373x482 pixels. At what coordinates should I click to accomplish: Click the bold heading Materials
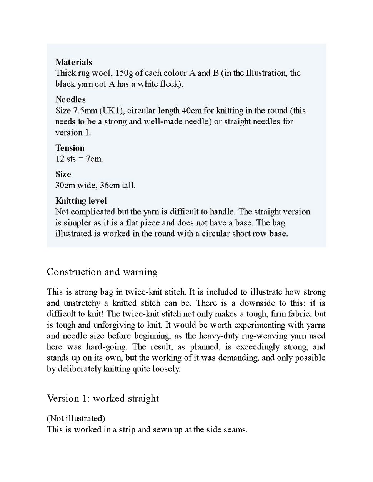tap(73, 62)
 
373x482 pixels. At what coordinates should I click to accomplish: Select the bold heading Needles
tap(70, 99)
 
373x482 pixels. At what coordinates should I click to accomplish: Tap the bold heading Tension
tap(70, 148)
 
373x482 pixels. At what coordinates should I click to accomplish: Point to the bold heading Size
tap(63, 174)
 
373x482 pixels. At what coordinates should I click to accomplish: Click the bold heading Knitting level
tap(81, 200)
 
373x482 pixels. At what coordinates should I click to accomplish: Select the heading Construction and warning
tap(102, 272)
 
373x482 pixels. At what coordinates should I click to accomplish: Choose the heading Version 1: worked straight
tap(103, 398)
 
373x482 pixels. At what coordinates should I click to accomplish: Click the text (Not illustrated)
tap(76, 418)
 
